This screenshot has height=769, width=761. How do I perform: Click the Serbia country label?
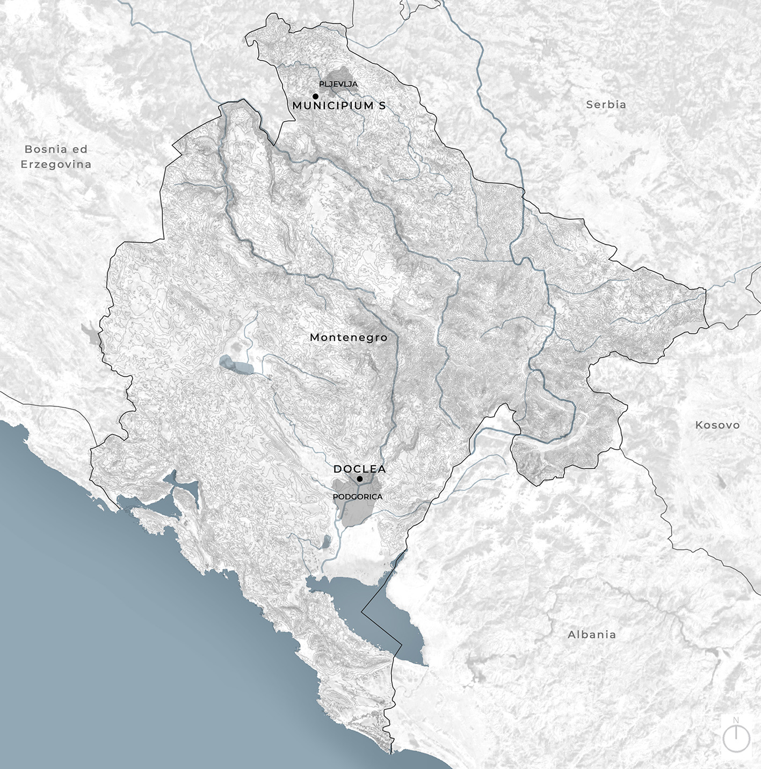click(x=606, y=105)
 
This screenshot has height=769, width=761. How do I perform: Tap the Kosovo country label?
click(x=717, y=425)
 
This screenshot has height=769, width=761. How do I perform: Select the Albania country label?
click(x=592, y=634)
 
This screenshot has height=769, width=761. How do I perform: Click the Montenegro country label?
click(x=349, y=337)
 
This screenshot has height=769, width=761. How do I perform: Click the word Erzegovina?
click(x=56, y=164)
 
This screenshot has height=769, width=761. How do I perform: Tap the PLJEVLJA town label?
click(x=338, y=84)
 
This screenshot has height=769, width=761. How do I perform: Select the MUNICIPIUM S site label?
click(x=339, y=106)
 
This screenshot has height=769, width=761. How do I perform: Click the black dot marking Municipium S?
click(x=316, y=96)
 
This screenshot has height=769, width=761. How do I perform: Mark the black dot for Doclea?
click(x=359, y=478)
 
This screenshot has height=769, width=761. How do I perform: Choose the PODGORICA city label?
click(x=358, y=497)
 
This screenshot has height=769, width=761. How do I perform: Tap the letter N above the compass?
click(x=736, y=720)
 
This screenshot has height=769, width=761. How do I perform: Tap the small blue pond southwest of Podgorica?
click(x=326, y=542)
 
